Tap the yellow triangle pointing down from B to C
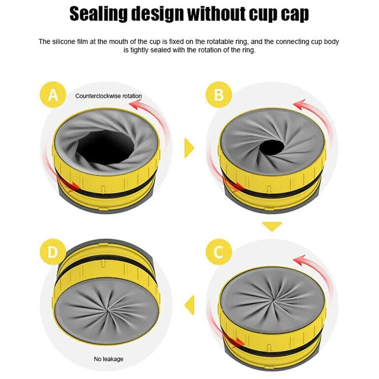[272, 227]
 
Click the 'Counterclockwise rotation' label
[108, 96]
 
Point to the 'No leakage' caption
[108, 359]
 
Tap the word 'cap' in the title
[294, 14]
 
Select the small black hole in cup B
[272, 146]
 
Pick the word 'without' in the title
[216, 14]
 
